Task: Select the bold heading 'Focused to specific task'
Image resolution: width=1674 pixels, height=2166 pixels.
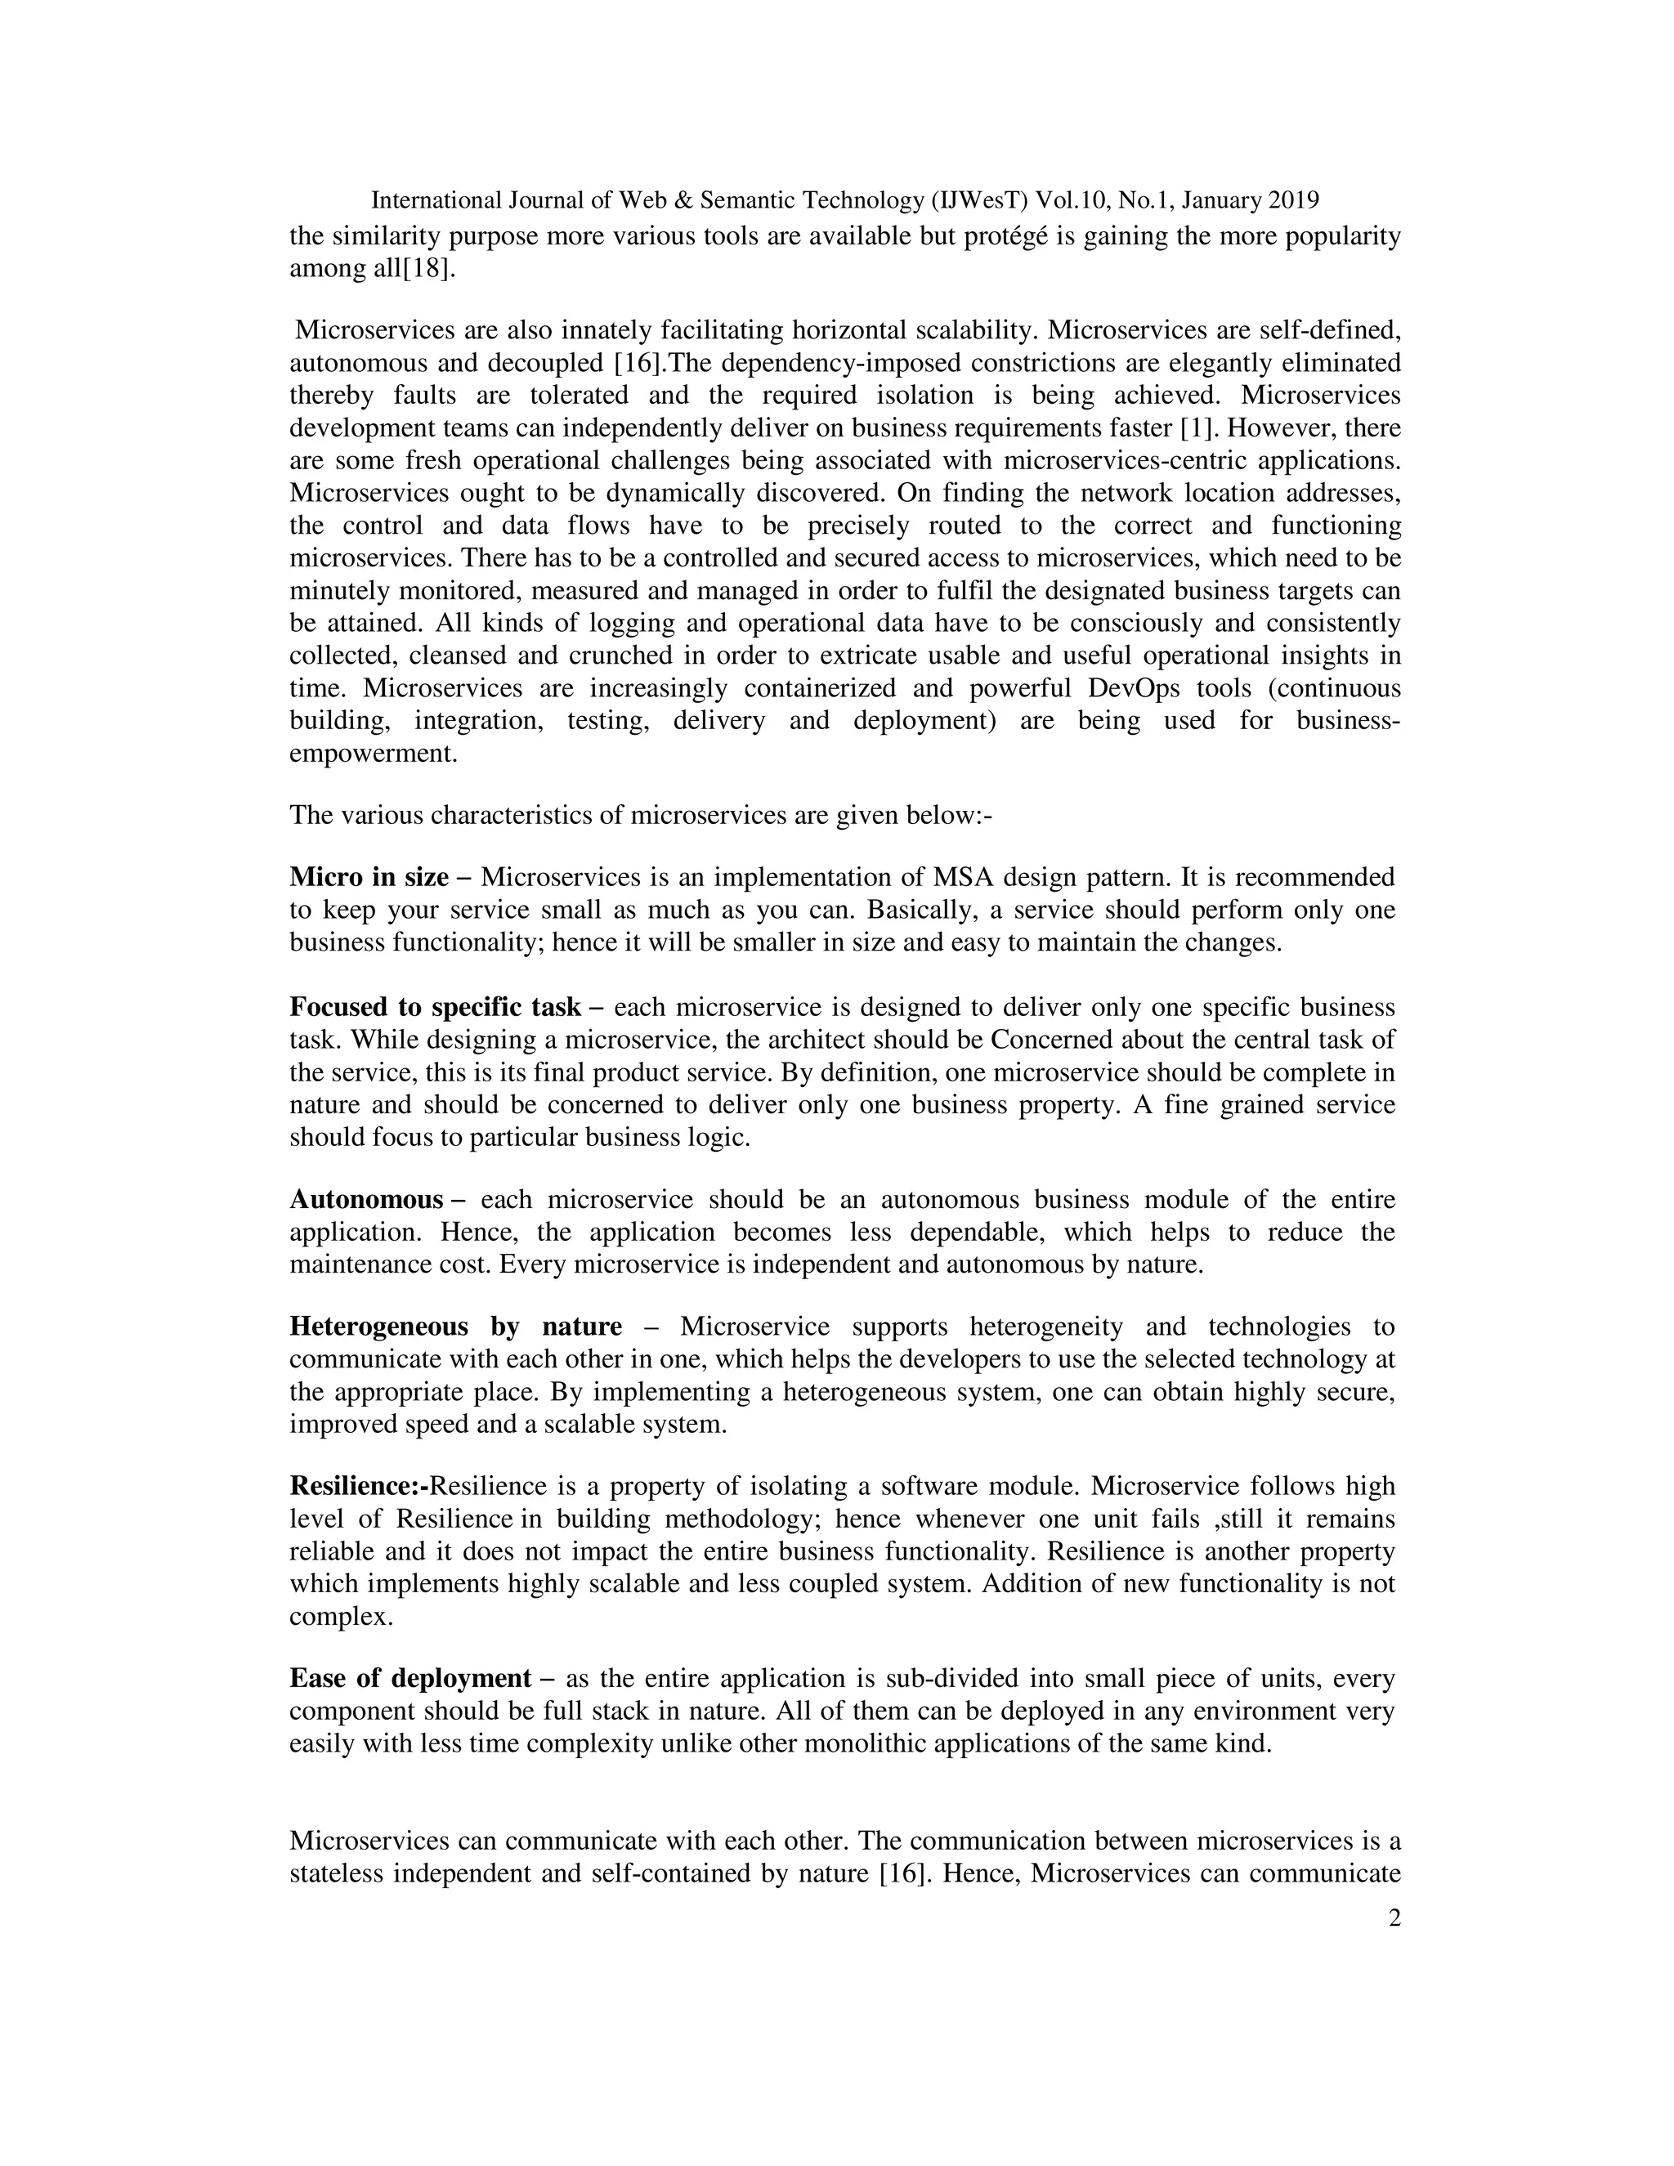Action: click(x=434, y=1008)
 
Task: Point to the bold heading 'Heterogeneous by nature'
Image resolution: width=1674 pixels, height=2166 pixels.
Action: click(x=455, y=1327)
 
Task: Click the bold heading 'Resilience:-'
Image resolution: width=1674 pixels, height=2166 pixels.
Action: click(x=358, y=1487)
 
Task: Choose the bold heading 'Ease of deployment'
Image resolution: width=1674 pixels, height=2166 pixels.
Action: click(x=410, y=1679)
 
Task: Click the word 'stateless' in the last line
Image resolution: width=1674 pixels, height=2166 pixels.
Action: click(x=334, y=1874)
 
